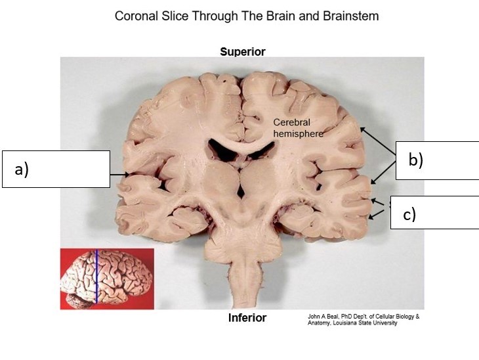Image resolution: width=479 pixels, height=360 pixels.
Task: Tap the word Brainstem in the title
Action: point(351,16)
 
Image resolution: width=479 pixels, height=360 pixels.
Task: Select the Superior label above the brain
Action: point(242,52)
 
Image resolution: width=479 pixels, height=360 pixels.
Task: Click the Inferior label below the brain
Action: point(247,318)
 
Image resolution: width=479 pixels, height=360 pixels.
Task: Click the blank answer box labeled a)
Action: point(56,169)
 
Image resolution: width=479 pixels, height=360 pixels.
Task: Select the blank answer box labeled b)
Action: point(437,160)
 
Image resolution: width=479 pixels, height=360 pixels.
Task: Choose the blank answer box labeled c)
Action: point(434,212)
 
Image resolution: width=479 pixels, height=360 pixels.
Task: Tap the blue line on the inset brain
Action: point(96,276)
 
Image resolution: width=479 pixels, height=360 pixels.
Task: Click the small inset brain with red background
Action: point(107,279)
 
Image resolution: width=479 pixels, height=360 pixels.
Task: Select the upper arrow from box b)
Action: point(377,140)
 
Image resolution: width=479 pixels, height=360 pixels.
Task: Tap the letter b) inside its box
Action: point(415,160)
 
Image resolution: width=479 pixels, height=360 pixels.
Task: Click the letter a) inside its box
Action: point(22,169)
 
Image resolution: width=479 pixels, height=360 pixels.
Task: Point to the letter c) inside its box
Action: point(409,215)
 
